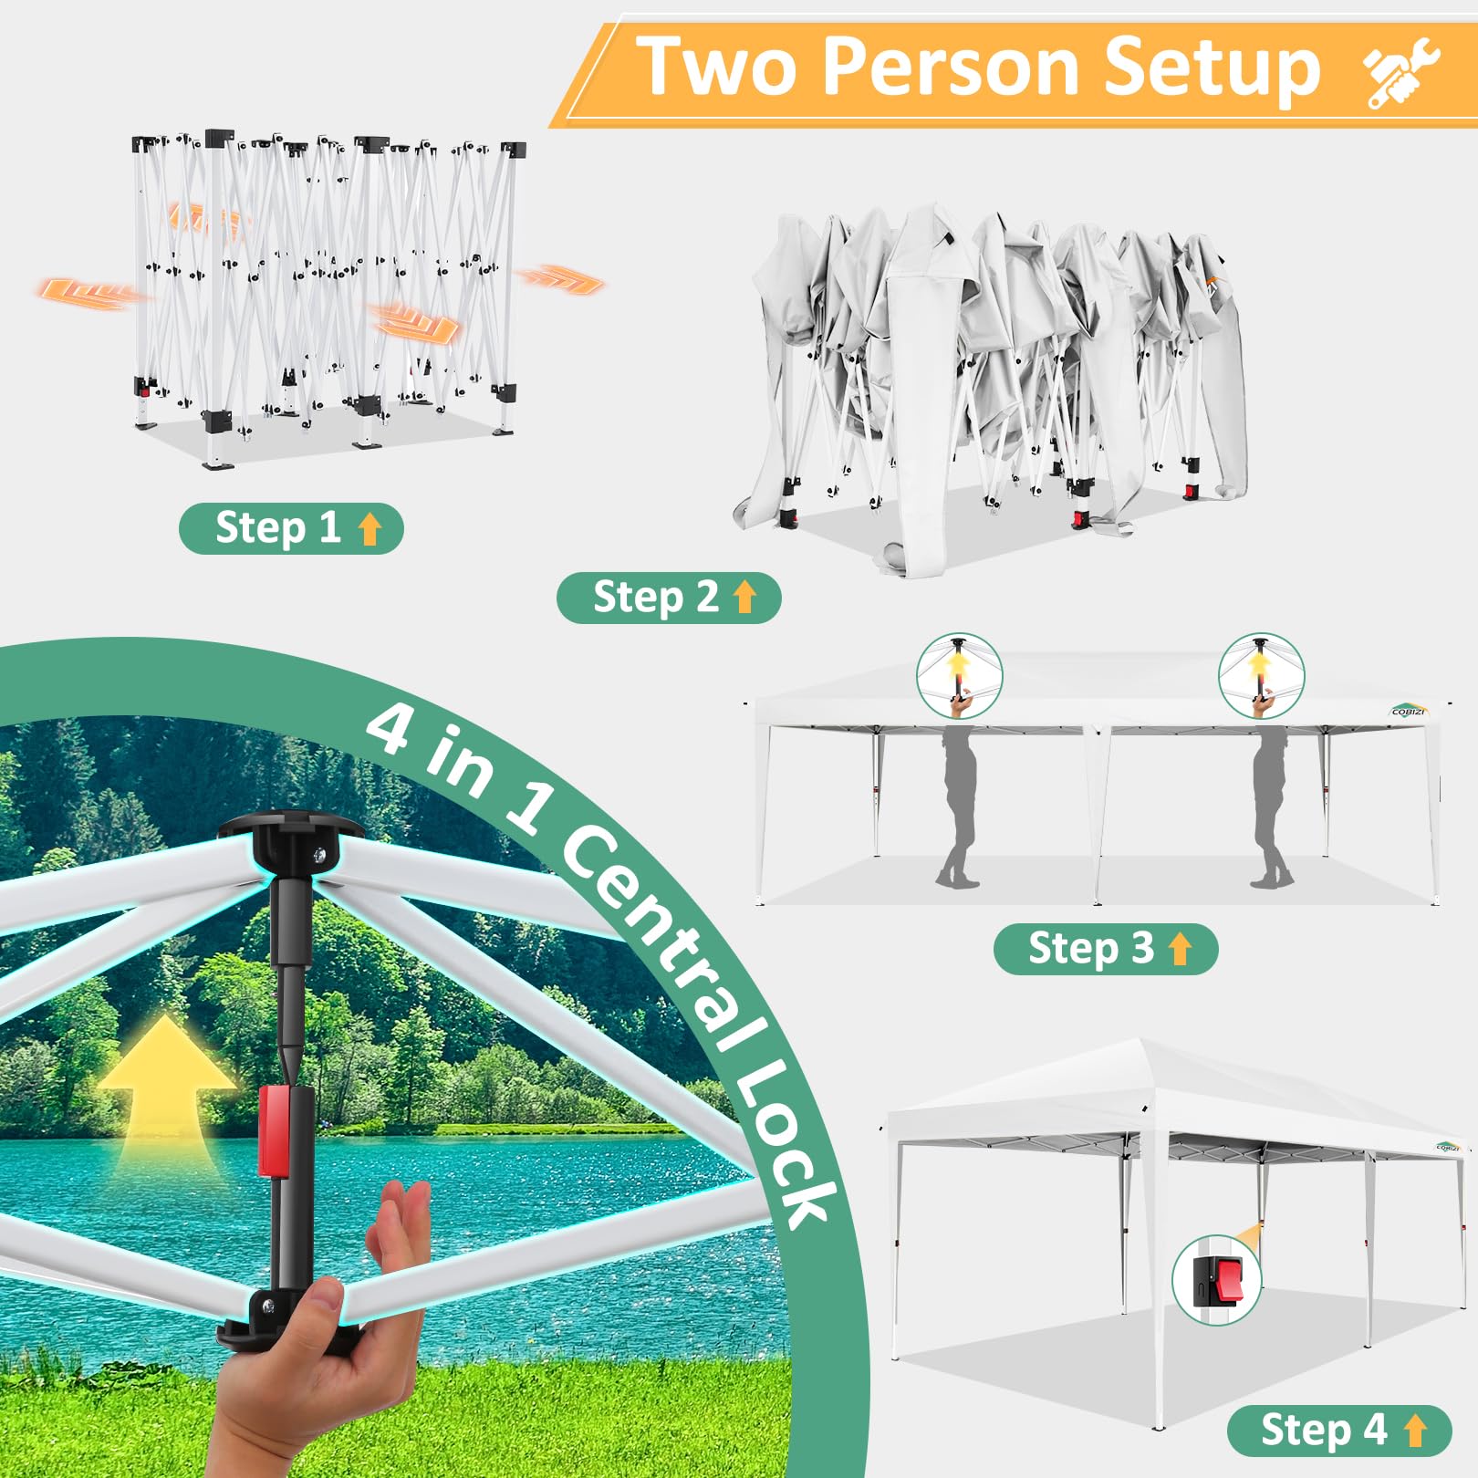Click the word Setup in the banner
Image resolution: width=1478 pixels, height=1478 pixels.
coord(1213,68)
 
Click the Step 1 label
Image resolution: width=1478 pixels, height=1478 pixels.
coord(291,528)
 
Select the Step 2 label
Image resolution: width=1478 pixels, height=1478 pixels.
coord(669,598)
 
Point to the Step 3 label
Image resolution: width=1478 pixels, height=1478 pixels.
coord(1106,949)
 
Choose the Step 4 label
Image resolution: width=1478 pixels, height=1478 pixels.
coord(1339,1431)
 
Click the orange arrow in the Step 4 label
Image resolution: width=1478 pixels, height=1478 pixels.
coord(1415,1431)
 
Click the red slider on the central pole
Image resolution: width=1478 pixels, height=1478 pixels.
coord(275,1130)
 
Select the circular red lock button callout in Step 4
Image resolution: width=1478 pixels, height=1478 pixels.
coord(1216,1279)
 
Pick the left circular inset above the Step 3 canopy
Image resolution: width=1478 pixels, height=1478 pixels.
coord(959,676)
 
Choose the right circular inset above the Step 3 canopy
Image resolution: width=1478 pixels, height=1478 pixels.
coord(1261,676)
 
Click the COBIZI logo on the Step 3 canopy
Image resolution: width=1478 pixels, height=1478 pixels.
coord(1409,710)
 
